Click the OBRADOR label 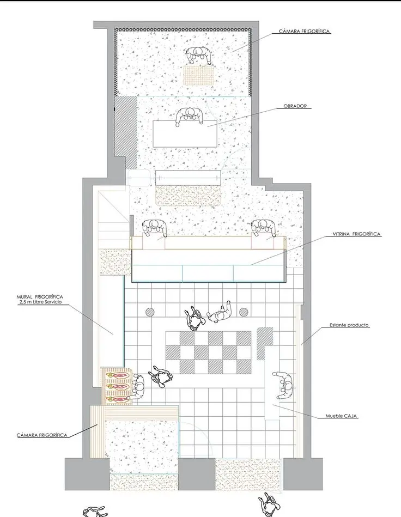[295, 106]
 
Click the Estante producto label [349, 325]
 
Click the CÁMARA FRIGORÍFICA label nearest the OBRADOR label [305, 31]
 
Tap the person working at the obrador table [189, 116]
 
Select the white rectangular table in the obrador [185, 133]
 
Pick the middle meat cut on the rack [118, 386]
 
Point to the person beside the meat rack [138, 388]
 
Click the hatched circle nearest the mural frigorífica [150, 312]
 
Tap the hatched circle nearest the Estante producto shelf [244, 312]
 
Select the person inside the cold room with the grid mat [198, 55]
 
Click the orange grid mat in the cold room [199, 76]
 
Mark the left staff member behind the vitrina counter [154, 228]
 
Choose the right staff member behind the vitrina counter [263, 228]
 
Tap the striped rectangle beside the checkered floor [265, 343]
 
